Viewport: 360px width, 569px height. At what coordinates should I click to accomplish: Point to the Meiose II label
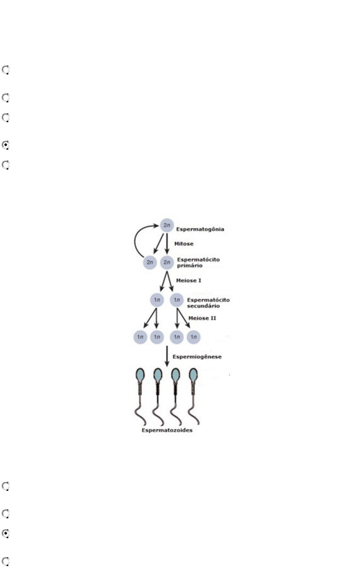(202, 318)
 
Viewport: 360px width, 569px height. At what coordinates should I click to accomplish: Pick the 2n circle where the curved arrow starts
(149, 263)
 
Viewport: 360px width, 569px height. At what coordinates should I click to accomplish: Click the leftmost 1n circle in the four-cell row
(140, 336)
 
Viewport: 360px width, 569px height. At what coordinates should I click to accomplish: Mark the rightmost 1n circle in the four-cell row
(194, 336)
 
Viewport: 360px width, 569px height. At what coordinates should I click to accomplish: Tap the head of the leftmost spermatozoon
(140, 375)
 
